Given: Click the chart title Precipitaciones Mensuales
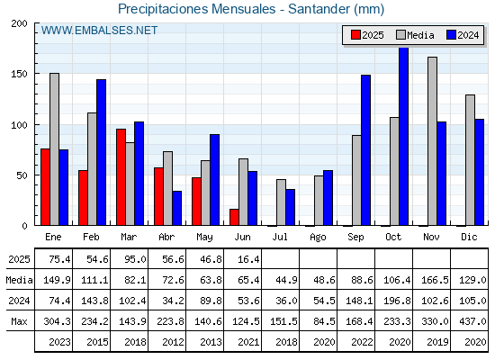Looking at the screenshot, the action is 197,9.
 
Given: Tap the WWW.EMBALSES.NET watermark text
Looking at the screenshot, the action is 99,31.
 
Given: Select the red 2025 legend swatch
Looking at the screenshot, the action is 355,35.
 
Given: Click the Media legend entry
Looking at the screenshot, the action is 415,35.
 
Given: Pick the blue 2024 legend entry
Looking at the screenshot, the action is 463,35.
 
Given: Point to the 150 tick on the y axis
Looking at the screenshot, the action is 19,74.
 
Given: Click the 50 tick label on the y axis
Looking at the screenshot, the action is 22,175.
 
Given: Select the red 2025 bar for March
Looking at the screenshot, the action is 121,177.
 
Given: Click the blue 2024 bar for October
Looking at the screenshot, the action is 404,137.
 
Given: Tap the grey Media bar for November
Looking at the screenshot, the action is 432,141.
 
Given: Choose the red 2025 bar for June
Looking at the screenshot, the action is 234,217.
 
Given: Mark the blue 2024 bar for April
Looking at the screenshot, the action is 176,208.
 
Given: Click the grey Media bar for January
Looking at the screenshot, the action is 54,149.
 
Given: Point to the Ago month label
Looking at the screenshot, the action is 318,238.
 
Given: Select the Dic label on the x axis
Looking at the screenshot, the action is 469,237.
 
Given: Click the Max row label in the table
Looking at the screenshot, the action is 19,321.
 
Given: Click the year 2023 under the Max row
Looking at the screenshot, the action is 59,342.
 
